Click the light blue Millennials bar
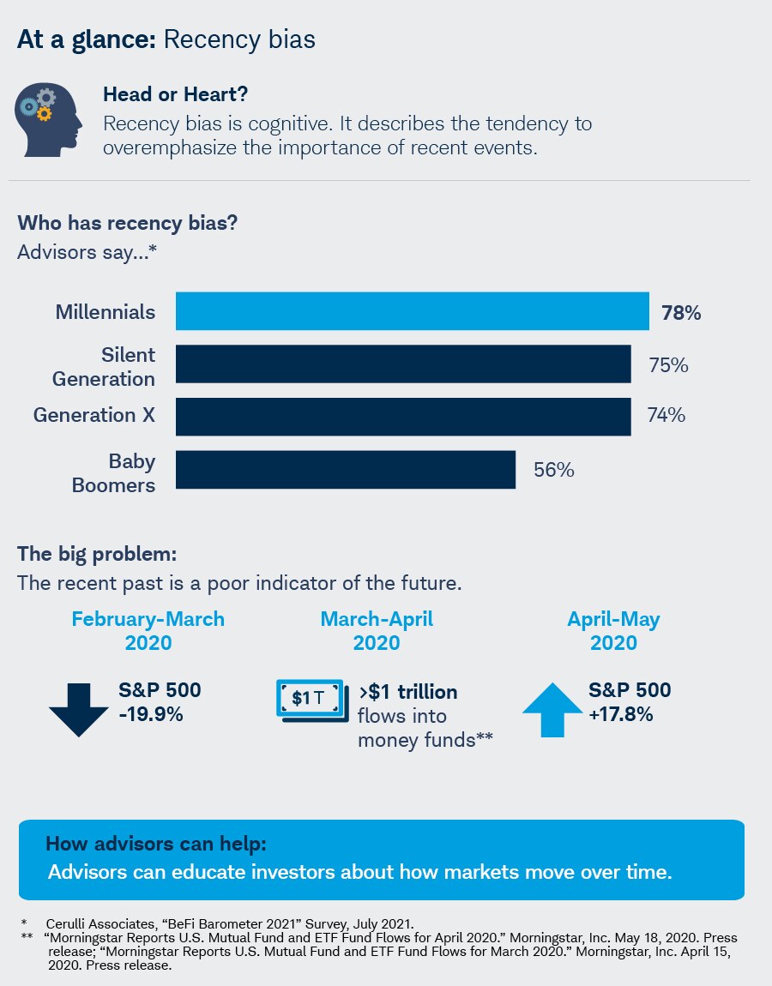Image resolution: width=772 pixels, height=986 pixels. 412,311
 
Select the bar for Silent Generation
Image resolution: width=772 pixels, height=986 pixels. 403,364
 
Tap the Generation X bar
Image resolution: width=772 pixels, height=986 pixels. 403,417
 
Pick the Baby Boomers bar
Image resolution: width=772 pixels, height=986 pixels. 346,470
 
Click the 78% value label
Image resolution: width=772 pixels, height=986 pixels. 681,313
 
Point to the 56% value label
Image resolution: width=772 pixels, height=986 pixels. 553,470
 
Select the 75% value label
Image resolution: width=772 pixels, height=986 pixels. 667,365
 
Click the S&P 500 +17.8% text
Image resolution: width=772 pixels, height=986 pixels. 630,701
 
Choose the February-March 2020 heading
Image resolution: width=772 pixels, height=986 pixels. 148,630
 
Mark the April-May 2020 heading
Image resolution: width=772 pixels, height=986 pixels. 613,630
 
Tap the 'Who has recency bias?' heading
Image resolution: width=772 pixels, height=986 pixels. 127,223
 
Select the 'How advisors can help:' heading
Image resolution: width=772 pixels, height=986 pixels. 155,843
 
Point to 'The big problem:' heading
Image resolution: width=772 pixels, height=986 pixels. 96,553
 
